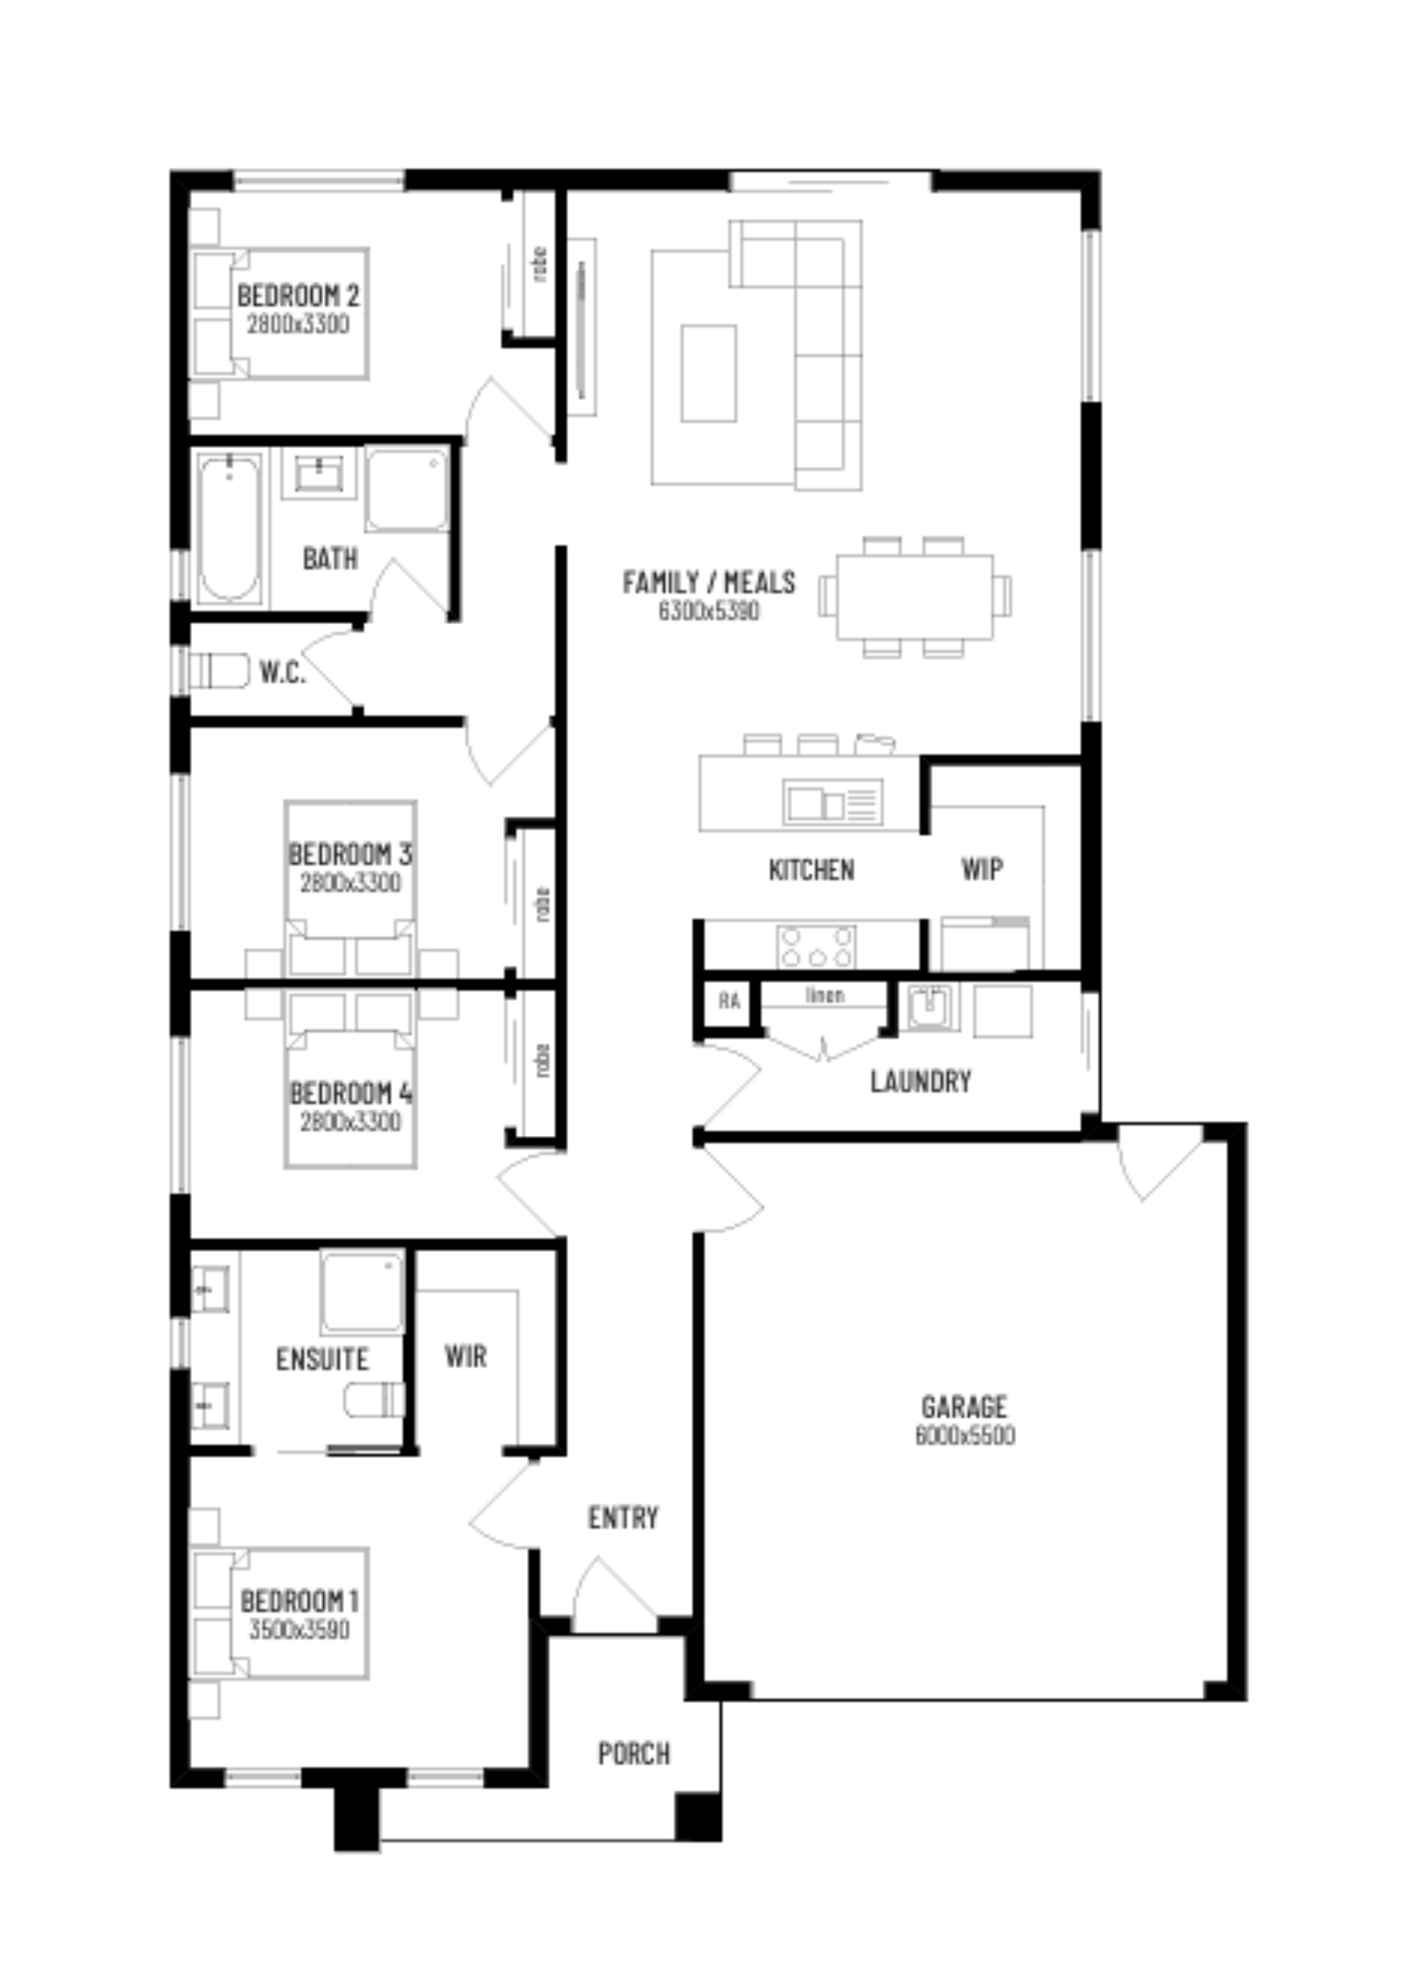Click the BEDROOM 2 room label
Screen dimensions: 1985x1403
298,295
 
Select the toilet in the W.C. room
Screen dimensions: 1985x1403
219,671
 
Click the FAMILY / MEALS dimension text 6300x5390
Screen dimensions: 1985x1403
708,611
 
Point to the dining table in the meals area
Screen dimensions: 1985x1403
914,596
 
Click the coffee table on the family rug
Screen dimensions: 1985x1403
708,374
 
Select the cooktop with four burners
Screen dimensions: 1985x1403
816,947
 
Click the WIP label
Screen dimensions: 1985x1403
982,869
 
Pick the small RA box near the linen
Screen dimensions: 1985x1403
729,1001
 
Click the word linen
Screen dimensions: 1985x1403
824,995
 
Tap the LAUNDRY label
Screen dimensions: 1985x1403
920,1081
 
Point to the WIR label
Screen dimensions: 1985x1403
465,1355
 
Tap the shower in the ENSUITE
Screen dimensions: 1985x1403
362,1292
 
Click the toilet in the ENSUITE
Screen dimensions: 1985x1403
374,1400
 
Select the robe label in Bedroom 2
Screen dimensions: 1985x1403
540,264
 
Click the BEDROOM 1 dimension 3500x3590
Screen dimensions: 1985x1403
298,1630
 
